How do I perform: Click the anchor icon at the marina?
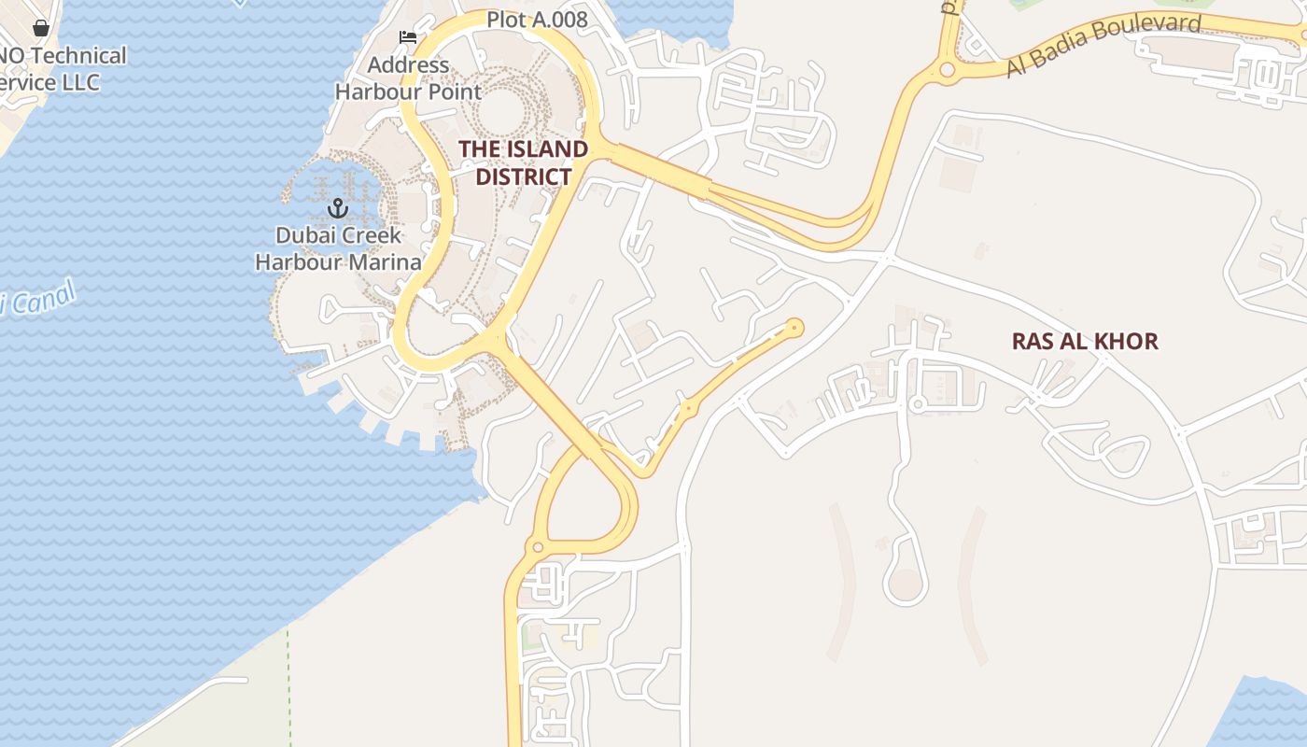(338, 207)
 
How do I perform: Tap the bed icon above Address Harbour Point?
(408, 37)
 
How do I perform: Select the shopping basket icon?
(40, 28)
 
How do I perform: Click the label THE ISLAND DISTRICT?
(523, 162)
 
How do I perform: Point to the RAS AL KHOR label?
(1085, 341)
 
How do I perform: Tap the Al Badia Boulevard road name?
(1103, 45)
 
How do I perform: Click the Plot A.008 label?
(537, 20)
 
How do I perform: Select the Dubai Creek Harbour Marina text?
(338, 248)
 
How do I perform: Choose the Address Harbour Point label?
(408, 78)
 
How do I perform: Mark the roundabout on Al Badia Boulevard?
(948, 69)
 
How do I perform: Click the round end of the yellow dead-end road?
(794, 327)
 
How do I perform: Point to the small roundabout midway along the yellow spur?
(688, 408)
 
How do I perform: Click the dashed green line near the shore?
(288, 682)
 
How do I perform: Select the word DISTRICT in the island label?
(524, 176)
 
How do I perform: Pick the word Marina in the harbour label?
(386, 261)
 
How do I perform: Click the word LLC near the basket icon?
(80, 82)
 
